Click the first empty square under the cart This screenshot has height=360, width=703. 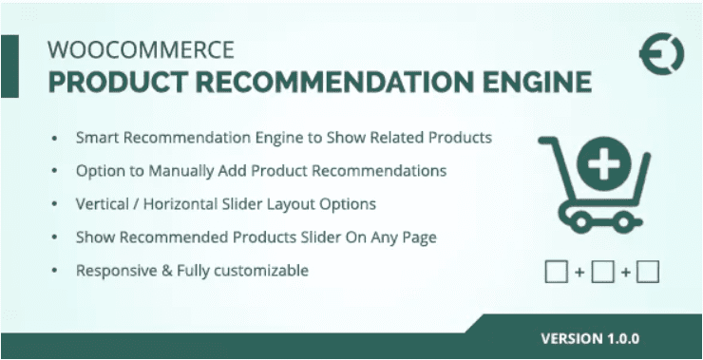pos(557,273)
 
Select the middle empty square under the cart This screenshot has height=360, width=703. pos(602,273)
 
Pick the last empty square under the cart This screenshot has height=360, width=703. pos(648,273)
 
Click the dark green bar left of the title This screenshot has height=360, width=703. pos(9,66)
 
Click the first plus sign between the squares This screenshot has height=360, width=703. pos(579,274)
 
